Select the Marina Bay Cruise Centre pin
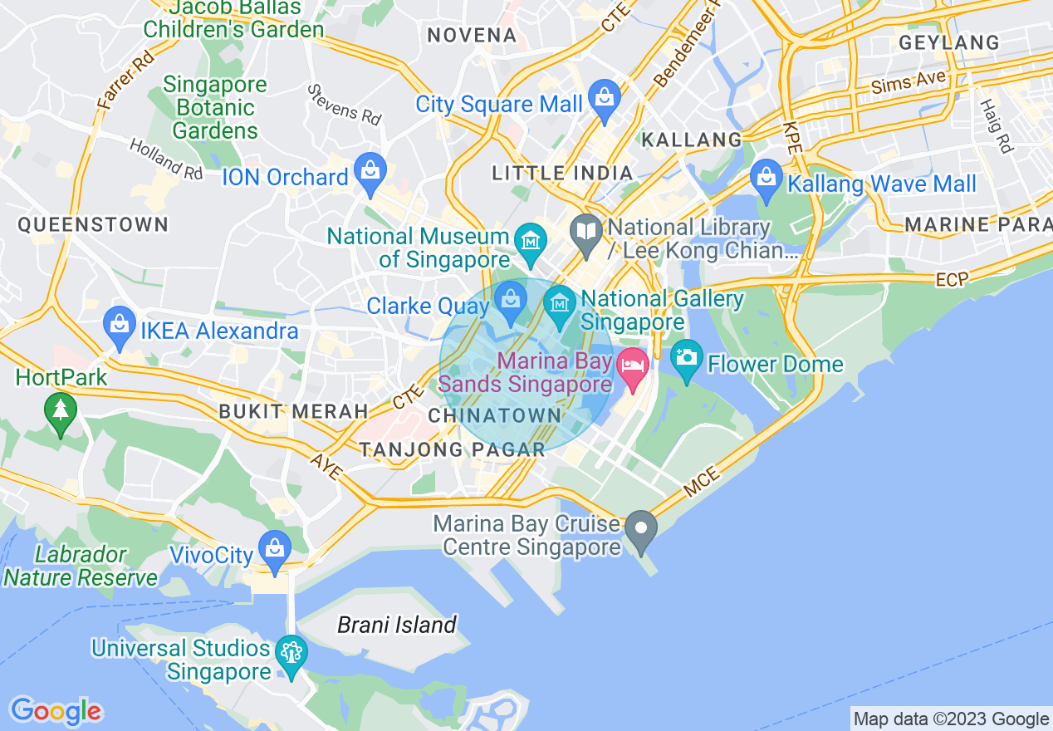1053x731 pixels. coord(640,528)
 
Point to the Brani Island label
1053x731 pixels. coord(397,625)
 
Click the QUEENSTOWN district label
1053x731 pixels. coord(93,224)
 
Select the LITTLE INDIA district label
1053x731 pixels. coord(562,174)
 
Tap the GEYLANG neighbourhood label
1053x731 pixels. coord(948,42)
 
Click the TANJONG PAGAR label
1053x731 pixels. coord(452,449)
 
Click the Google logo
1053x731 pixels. coord(56,711)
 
